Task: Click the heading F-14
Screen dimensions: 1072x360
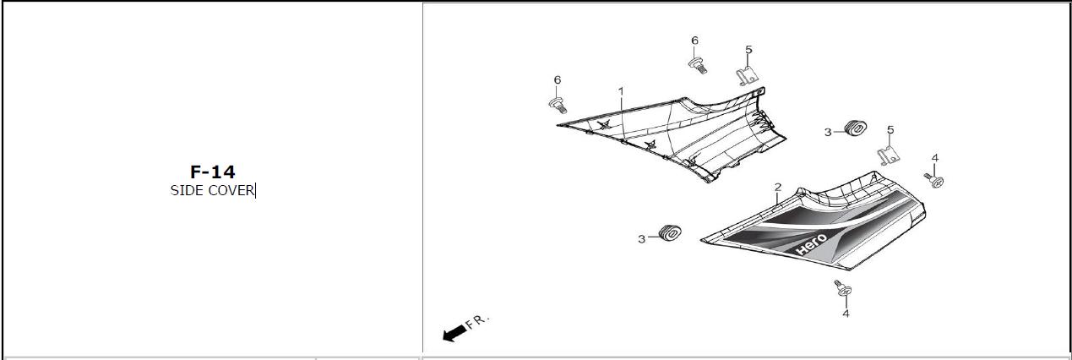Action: tap(213, 172)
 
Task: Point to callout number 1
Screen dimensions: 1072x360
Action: tap(621, 91)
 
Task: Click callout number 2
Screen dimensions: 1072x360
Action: tap(778, 187)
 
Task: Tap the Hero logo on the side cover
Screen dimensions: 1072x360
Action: tap(811, 244)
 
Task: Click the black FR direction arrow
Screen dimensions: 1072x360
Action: tap(454, 333)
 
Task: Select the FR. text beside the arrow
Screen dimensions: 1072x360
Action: tap(477, 321)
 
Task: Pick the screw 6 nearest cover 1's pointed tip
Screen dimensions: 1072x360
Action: tap(558, 105)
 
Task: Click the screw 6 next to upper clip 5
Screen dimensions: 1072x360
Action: tap(698, 66)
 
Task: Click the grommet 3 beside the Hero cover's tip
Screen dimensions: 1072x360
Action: tap(670, 232)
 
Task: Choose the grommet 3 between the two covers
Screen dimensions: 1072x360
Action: tap(855, 128)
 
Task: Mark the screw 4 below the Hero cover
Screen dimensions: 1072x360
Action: tap(843, 288)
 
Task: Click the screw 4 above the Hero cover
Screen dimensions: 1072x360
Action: tap(933, 180)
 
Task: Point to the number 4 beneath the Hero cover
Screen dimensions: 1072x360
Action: tap(846, 313)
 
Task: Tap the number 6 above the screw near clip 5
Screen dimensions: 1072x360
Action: tap(694, 41)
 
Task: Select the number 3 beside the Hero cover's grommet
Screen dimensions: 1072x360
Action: tap(641, 239)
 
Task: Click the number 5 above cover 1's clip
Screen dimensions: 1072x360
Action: tap(748, 49)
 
